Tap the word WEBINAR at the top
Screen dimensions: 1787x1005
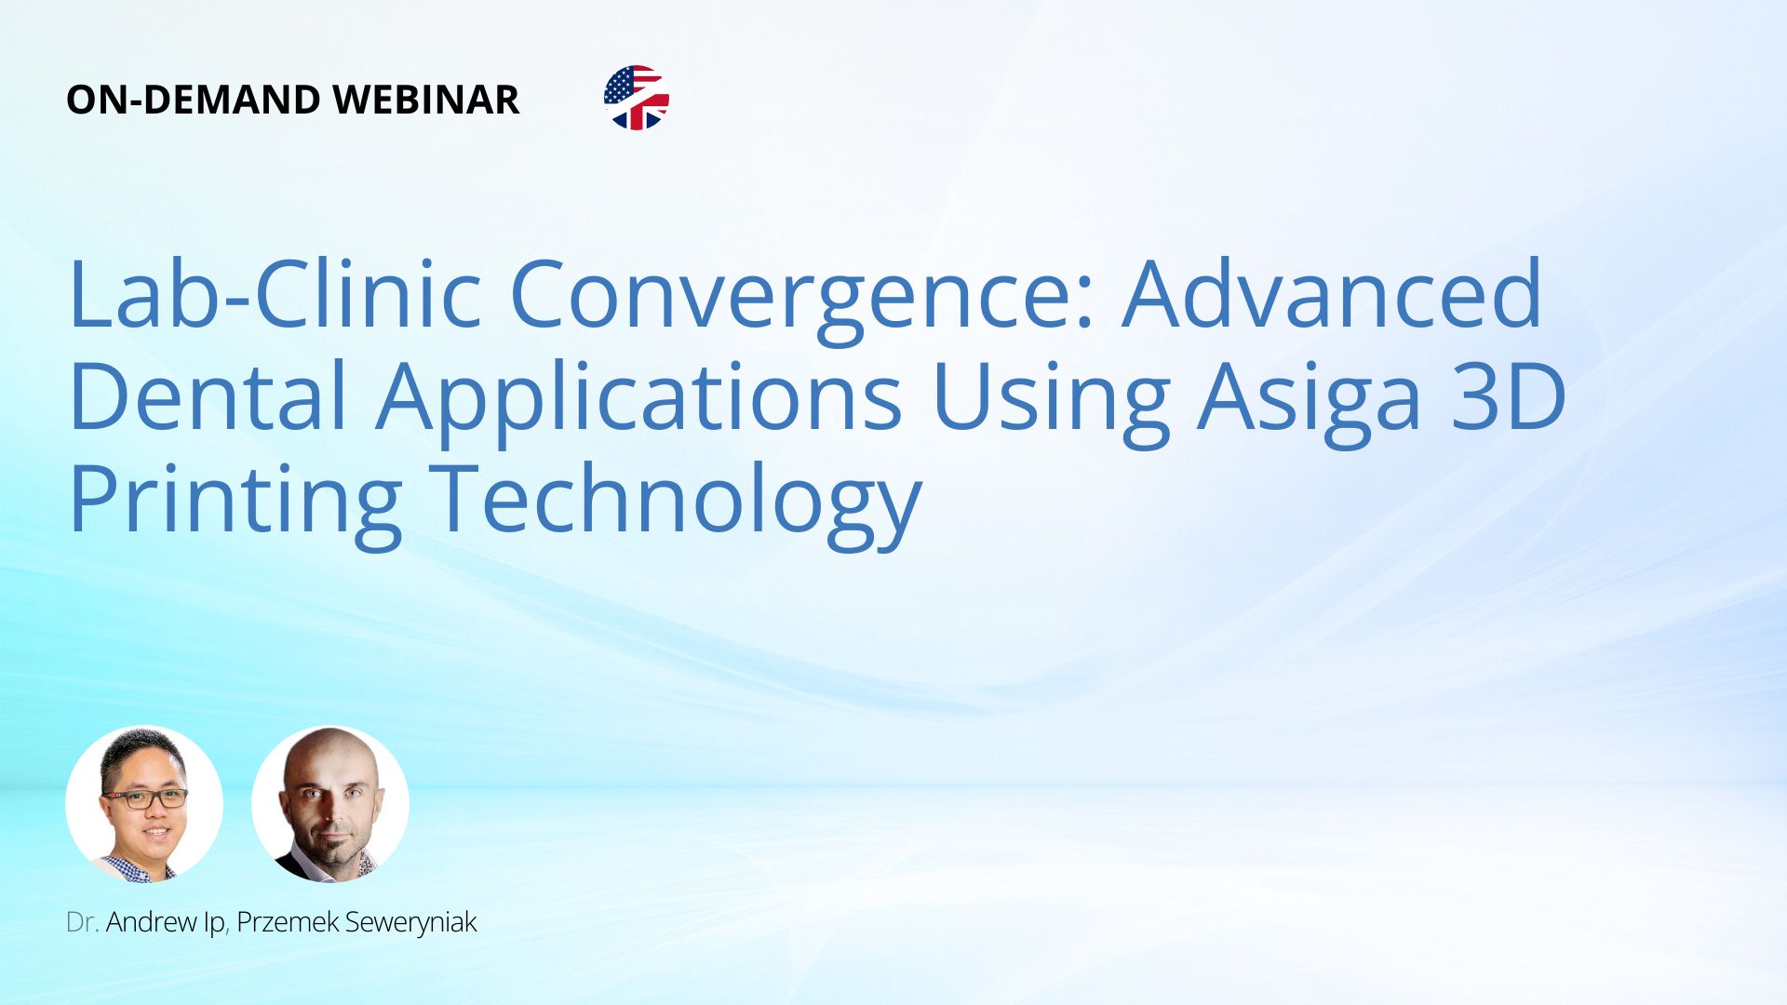[x=425, y=100]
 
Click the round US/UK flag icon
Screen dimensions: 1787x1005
[x=637, y=98]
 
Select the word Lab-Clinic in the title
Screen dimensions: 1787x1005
[x=275, y=292]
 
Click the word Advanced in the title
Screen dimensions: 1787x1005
[x=1332, y=292]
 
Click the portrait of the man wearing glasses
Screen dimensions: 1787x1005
[x=144, y=804]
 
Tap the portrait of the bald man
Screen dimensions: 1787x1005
[x=330, y=804]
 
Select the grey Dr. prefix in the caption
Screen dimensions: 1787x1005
[x=82, y=922]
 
